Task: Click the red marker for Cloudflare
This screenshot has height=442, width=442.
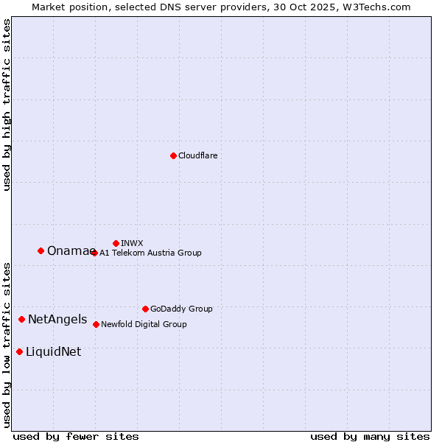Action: (173, 155)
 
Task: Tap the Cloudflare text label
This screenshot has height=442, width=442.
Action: (198, 155)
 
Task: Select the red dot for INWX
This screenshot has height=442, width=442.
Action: (116, 243)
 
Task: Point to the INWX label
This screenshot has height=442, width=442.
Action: (132, 243)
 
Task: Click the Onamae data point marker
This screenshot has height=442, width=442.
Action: (41, 250)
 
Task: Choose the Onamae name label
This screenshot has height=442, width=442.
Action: (69, 251)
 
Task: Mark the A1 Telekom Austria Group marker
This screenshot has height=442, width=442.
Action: (94, 253)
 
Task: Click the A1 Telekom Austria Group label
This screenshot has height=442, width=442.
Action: (150, 253)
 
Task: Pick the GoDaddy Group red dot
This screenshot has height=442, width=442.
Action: (145, 309)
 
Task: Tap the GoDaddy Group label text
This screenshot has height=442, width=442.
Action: (181, 309)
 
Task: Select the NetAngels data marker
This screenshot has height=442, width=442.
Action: (21, 319)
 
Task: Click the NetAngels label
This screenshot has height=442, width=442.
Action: (57, 320)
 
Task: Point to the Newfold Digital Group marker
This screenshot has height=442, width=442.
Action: (96, 324)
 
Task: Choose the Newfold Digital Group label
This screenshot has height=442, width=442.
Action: (144, 324)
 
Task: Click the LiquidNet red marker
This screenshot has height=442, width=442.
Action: (19, 351)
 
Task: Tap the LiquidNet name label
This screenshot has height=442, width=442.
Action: (53, 352)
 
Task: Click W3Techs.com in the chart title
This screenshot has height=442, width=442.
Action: (380, 7)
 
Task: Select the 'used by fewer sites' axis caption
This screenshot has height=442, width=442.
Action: (76, 436)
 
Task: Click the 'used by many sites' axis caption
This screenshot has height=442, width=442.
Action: (370, 436)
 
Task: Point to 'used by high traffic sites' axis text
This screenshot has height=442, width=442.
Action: (7, 105)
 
